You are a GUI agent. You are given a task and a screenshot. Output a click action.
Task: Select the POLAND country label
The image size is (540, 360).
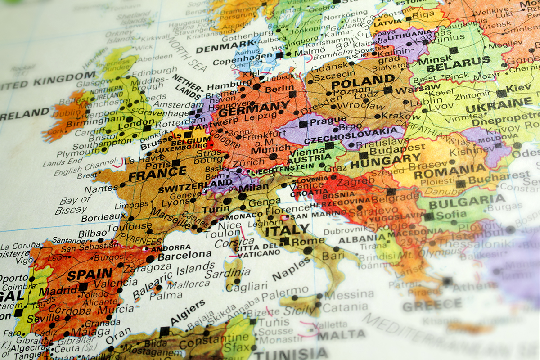(x=356, y=81)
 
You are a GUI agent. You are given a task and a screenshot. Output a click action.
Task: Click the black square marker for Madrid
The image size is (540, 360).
(x=83, y=287)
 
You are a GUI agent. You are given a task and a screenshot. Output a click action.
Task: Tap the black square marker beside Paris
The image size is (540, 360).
(x=176, y=163)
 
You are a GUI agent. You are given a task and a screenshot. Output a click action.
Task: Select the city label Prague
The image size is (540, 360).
(x=322, y=121)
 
